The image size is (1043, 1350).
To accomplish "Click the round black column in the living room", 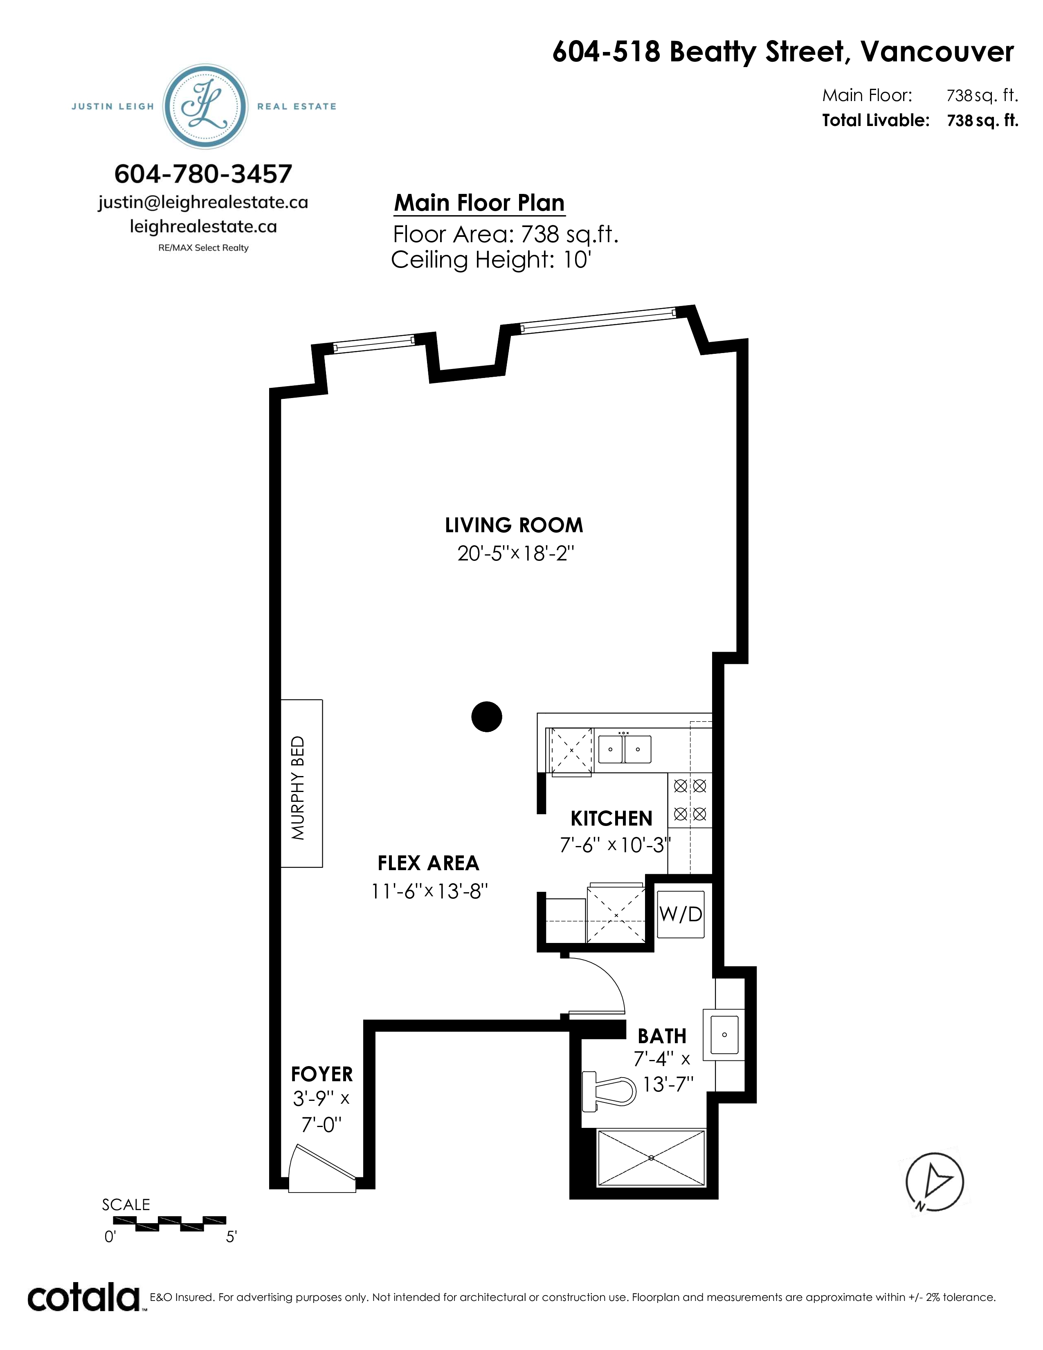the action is click(486, 717).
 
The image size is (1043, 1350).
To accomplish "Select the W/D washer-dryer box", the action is click(680, 913).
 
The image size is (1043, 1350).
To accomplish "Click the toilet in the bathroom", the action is click(609, 1091).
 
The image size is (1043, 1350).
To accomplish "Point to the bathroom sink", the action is click(724, 1035).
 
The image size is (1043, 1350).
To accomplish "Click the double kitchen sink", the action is click(624, 749).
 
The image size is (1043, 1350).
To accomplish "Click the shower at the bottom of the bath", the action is click(651, 1158).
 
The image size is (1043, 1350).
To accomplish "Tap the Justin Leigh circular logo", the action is click(205, 106).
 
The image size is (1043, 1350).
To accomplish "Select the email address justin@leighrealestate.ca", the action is click(203, 203).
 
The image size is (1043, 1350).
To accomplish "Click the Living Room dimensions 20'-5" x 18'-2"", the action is click(515, 553).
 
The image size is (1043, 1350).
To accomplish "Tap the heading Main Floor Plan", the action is click(479, 203).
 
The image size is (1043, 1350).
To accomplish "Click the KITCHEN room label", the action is click(611, 819).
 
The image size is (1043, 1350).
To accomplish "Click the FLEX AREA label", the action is click(428, 863).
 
